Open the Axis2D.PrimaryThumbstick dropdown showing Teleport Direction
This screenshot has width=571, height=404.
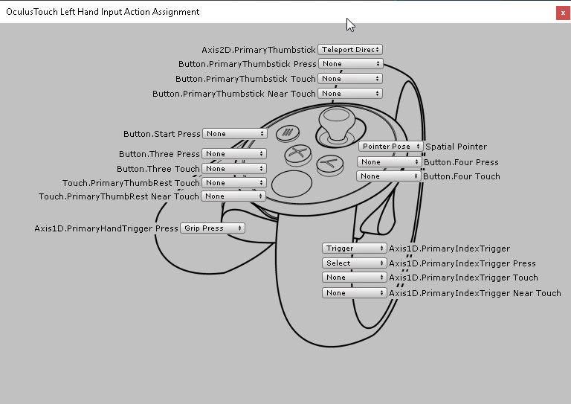coord(349,49)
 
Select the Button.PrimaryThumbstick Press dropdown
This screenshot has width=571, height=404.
coord(349,64)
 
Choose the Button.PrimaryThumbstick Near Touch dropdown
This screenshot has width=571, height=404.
coord(349,94)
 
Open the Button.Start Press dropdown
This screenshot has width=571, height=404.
coord(234,134)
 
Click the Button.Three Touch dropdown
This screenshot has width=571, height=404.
coord(234,169)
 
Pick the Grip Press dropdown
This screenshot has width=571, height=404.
coord(212,228)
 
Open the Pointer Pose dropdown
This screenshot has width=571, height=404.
coord(391,147)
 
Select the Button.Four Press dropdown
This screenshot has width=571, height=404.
coord(389,161)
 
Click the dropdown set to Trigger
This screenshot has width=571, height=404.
coord(355,249)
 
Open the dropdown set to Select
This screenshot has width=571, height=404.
coord(355,263)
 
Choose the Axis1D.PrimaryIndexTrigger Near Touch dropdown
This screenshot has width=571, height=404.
coord(355,293)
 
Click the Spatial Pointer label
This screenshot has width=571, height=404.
coord(456,147)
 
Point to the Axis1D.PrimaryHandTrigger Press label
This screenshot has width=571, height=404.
coord(106,228)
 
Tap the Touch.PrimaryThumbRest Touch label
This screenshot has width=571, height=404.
coord(131,183)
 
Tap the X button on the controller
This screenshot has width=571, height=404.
coord(297,155)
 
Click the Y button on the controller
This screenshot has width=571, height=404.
coord(328,164)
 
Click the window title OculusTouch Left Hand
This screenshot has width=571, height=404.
coord(103,12)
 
